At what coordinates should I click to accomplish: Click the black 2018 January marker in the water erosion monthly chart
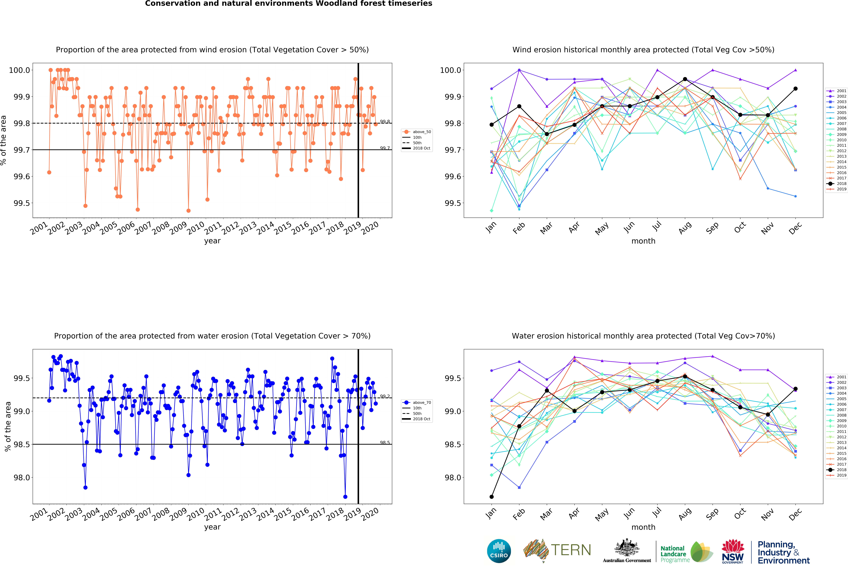coord(492,497)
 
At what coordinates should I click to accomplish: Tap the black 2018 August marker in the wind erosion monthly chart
coord(685,79)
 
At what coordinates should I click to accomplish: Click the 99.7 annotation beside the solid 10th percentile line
coord(385,148)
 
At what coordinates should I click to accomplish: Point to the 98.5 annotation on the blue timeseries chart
coord(385,443)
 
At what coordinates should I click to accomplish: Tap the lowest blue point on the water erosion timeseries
coord(345,497)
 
